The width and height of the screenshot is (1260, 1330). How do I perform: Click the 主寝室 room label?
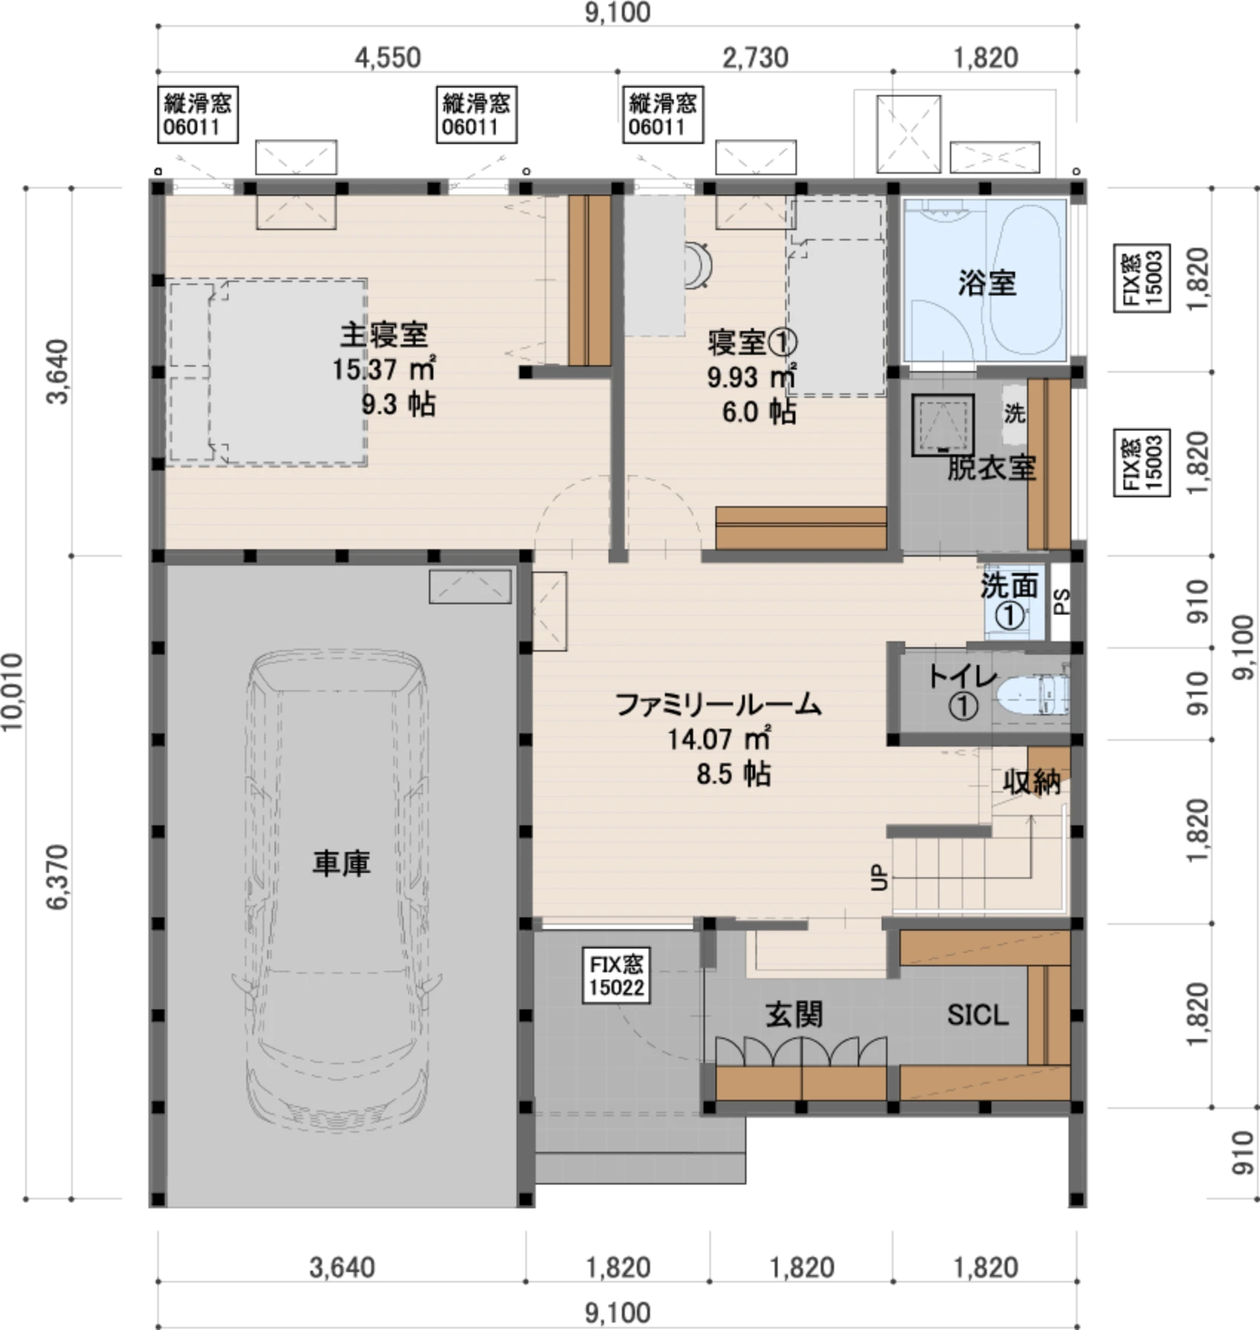coord(384,335)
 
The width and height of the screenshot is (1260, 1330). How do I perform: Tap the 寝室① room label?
coord(752,342)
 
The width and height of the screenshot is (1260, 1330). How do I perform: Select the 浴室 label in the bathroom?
coord(987,283)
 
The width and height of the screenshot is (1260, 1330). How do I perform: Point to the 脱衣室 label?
coord(991,468)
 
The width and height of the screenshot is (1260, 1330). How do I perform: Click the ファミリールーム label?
coord(718,704)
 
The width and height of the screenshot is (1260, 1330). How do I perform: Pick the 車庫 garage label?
coord(341,863)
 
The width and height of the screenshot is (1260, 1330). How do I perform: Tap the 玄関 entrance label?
coord(794,1014)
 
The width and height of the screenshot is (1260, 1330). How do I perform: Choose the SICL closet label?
coord(978,1015)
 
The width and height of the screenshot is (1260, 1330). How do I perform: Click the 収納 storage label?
coord(1032,782)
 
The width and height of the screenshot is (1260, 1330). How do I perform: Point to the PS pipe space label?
coord(1062,601)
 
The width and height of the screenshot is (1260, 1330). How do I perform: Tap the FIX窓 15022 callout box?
coord(617,976)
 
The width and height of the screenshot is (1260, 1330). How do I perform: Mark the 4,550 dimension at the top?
coord(387,57)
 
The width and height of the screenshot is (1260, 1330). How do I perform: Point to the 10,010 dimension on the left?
coord(13,692)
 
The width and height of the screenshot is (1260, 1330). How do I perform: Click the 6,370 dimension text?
coord(58,877)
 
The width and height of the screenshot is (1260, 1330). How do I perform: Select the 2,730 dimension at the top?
coord(755,57)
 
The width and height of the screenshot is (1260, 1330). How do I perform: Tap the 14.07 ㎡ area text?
coord(718,739)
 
